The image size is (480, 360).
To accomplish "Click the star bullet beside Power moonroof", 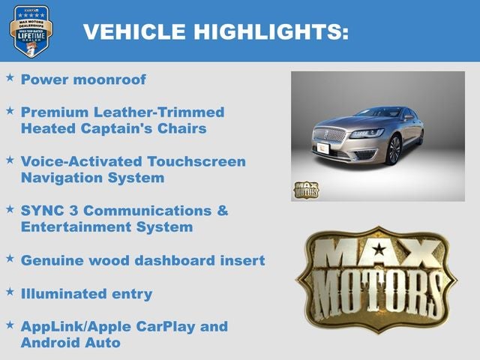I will [x=10, y=77].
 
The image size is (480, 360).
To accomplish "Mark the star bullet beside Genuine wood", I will [x=10, y=259].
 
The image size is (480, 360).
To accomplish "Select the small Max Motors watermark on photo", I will [x=305, y=189].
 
